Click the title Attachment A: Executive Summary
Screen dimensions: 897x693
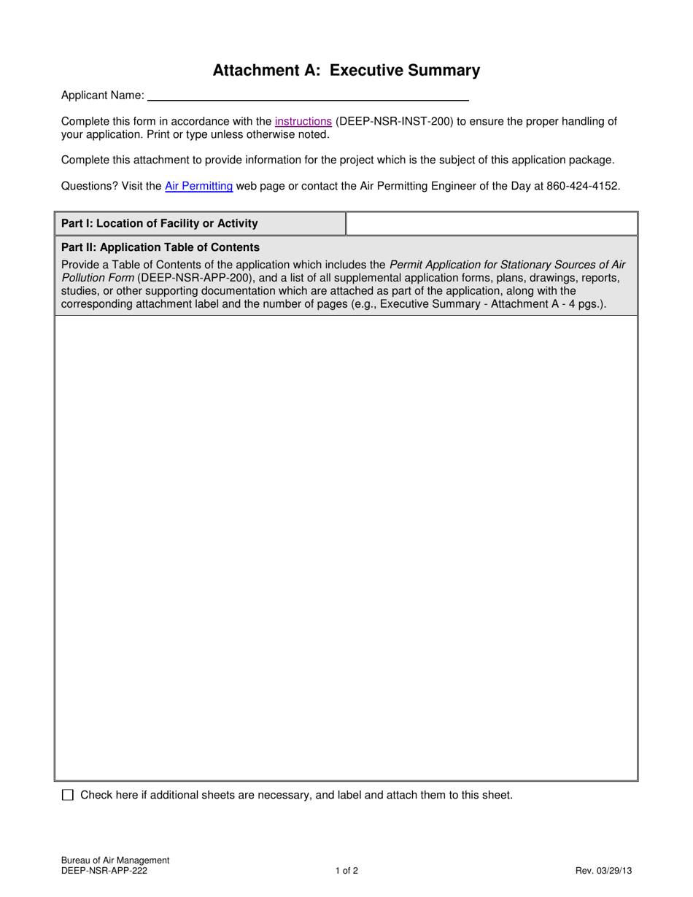[346, 71]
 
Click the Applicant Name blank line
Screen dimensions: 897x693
[307, 96]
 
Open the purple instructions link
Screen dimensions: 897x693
[303, 122]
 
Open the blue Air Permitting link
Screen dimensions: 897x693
[198, 186]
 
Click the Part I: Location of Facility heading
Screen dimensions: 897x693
[159, 223]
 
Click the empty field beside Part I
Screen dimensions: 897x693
[491, 223]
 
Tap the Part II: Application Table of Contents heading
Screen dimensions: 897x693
[160, 247]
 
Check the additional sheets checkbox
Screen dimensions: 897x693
[68, 795]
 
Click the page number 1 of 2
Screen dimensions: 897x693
[346, 870]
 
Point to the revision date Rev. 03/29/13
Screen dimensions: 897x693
[603, 870]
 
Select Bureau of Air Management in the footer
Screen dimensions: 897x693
[115, 861]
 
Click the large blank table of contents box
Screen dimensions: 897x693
[346, 547]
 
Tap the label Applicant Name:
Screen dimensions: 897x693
[102, 96]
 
